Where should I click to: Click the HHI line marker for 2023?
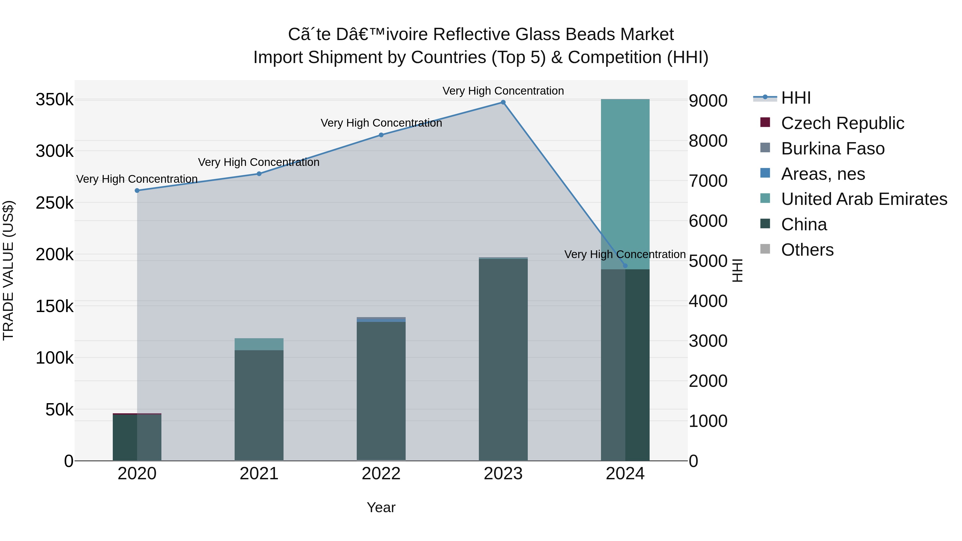(x=503, y=102)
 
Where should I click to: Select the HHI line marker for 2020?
(x=137, y=190)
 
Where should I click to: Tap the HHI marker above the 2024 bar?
(x=625, y=266)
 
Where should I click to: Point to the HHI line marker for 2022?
(x=381, y=135)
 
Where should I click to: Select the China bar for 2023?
(x=503, y=359)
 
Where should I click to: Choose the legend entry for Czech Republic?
(x=842, y=123)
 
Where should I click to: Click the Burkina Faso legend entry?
(x=832, y=149)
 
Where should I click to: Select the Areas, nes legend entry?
(x=823, y=174)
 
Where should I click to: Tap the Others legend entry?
(x=807, y=250)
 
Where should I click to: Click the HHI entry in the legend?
(x=796, y=98)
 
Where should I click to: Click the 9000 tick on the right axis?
(x=708, y=101)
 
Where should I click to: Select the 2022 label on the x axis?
(x=381, y=474)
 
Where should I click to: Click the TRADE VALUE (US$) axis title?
(x=8, y=270)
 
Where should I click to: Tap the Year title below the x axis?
(x=381, y=507)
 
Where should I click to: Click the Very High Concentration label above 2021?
(x=258, y=162)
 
